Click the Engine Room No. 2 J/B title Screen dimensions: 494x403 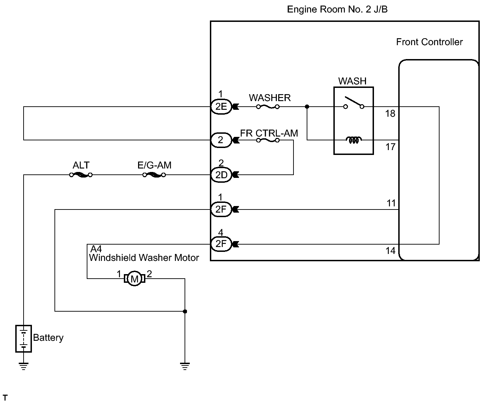(337, 9)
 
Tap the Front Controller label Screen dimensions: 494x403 (429, 42)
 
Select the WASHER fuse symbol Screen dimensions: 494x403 (268, 107)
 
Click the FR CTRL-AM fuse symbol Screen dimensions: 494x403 (268, 140)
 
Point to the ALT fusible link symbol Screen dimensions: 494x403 (81, 175)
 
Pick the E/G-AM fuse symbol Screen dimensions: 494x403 (154, 175)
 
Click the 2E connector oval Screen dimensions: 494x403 (221, 107)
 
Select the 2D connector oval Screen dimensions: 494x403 (221, 175)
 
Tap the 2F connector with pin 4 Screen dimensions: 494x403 (221, 244)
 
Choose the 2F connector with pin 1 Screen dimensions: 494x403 (221, 209)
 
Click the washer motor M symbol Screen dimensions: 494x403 (135, 279)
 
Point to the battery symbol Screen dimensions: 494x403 (24, 339)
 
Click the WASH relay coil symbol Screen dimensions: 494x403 (354, 140)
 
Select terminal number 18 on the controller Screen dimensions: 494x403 (390, 114)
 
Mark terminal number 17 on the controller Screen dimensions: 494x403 (390, 147)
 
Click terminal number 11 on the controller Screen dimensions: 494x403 (391, 203)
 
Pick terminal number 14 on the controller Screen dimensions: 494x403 (390, 251)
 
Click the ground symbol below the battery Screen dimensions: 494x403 (24, 366)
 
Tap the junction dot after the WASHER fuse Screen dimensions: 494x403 (307, 107)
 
